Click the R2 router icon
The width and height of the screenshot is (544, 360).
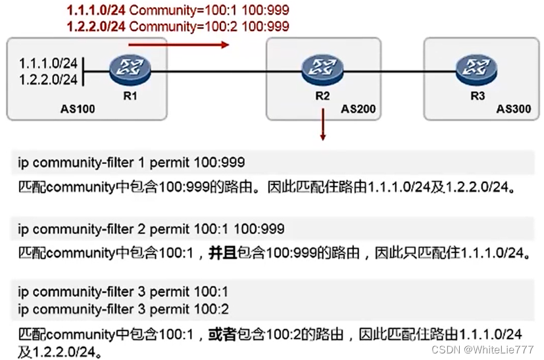coord(322,68)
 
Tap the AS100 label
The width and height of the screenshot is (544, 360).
coord(77,109)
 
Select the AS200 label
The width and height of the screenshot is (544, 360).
coord(358,109)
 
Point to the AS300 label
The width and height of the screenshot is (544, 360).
coord(514,109)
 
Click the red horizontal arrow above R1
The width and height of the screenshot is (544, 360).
coord(178,45)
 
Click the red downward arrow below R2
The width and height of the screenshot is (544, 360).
coord(322,125)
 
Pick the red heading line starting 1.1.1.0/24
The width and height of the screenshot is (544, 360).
coord(178,11)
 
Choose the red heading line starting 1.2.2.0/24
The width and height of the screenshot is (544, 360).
coord(178,26)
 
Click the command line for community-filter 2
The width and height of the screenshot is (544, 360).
coord(151,229)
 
